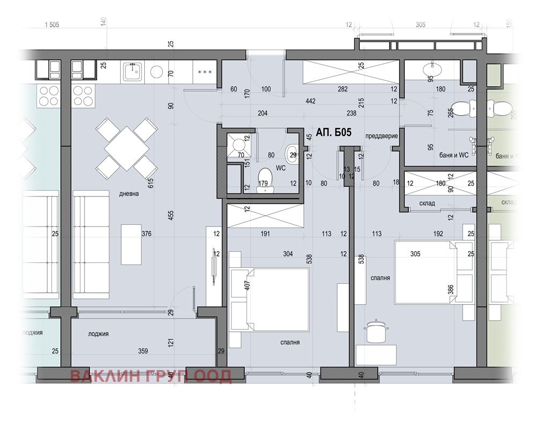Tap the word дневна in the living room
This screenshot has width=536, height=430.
(x=129, y=194)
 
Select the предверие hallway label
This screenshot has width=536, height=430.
(x=382, y=136)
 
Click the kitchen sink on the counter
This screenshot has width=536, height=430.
(x=131, y=72)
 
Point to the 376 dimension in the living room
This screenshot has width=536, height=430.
(x=146, y=233)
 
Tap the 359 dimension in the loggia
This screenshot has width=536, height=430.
(x=143, y=352)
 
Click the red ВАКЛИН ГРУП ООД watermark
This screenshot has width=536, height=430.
(x=151, y=376)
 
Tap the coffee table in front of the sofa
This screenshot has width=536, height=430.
(x=131, y=244)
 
